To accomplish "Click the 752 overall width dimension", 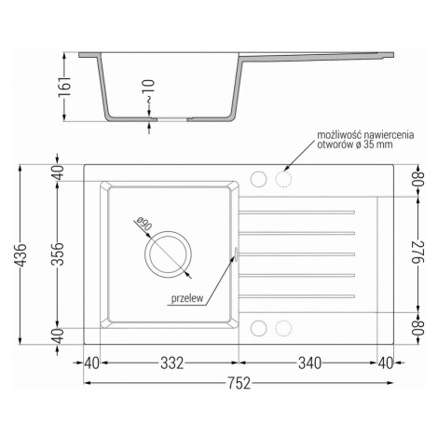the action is (x=240, y=383).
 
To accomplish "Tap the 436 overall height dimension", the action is (x=21, y=255).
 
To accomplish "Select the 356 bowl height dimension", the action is (x=58, y=253).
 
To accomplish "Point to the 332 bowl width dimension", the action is (x=172, y=363).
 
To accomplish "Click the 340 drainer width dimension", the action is (x=309, y=363).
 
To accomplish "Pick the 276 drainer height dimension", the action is (x=418, y=252).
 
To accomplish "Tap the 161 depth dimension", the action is (x=64, y=86).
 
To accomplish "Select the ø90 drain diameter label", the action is (x=144, y=224).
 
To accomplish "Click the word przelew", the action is (x=187, y=298).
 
